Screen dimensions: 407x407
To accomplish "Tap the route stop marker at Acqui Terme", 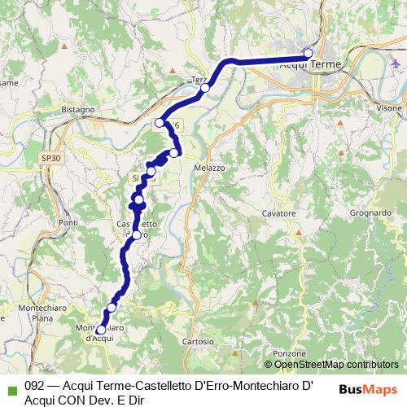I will point(309,53).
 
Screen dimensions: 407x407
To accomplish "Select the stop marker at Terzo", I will point(206,88).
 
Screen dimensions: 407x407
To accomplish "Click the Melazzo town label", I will point(209,166).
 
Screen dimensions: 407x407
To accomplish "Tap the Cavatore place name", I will point(278,212).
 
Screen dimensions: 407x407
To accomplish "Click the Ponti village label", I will point(68,223).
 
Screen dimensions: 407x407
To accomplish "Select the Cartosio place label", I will point(198,341).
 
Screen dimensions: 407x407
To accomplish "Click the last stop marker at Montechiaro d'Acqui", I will point(101,330).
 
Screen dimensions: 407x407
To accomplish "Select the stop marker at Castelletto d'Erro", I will point(137,235).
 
